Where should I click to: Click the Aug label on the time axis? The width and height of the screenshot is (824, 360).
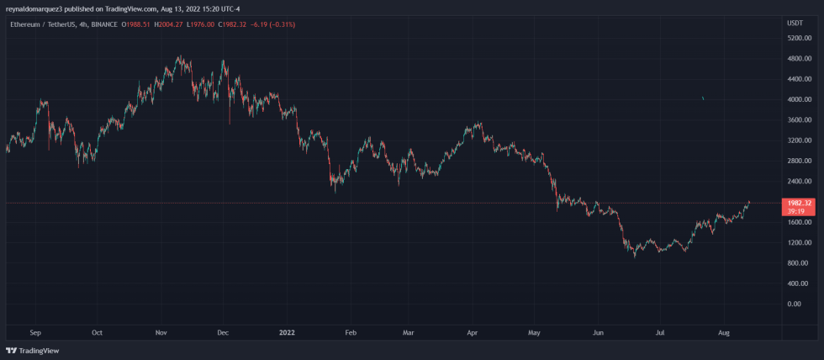click(x=724, y=333)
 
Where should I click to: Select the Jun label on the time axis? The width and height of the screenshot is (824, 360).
click(x=597, y=333)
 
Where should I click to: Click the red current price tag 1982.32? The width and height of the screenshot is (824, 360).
click(x=795, y=203)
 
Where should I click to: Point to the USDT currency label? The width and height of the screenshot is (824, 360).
click(x=795, y=24)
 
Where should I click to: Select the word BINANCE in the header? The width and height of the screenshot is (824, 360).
click(x=104, y=24)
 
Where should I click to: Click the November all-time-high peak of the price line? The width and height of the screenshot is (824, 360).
click(x=179, y=56)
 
